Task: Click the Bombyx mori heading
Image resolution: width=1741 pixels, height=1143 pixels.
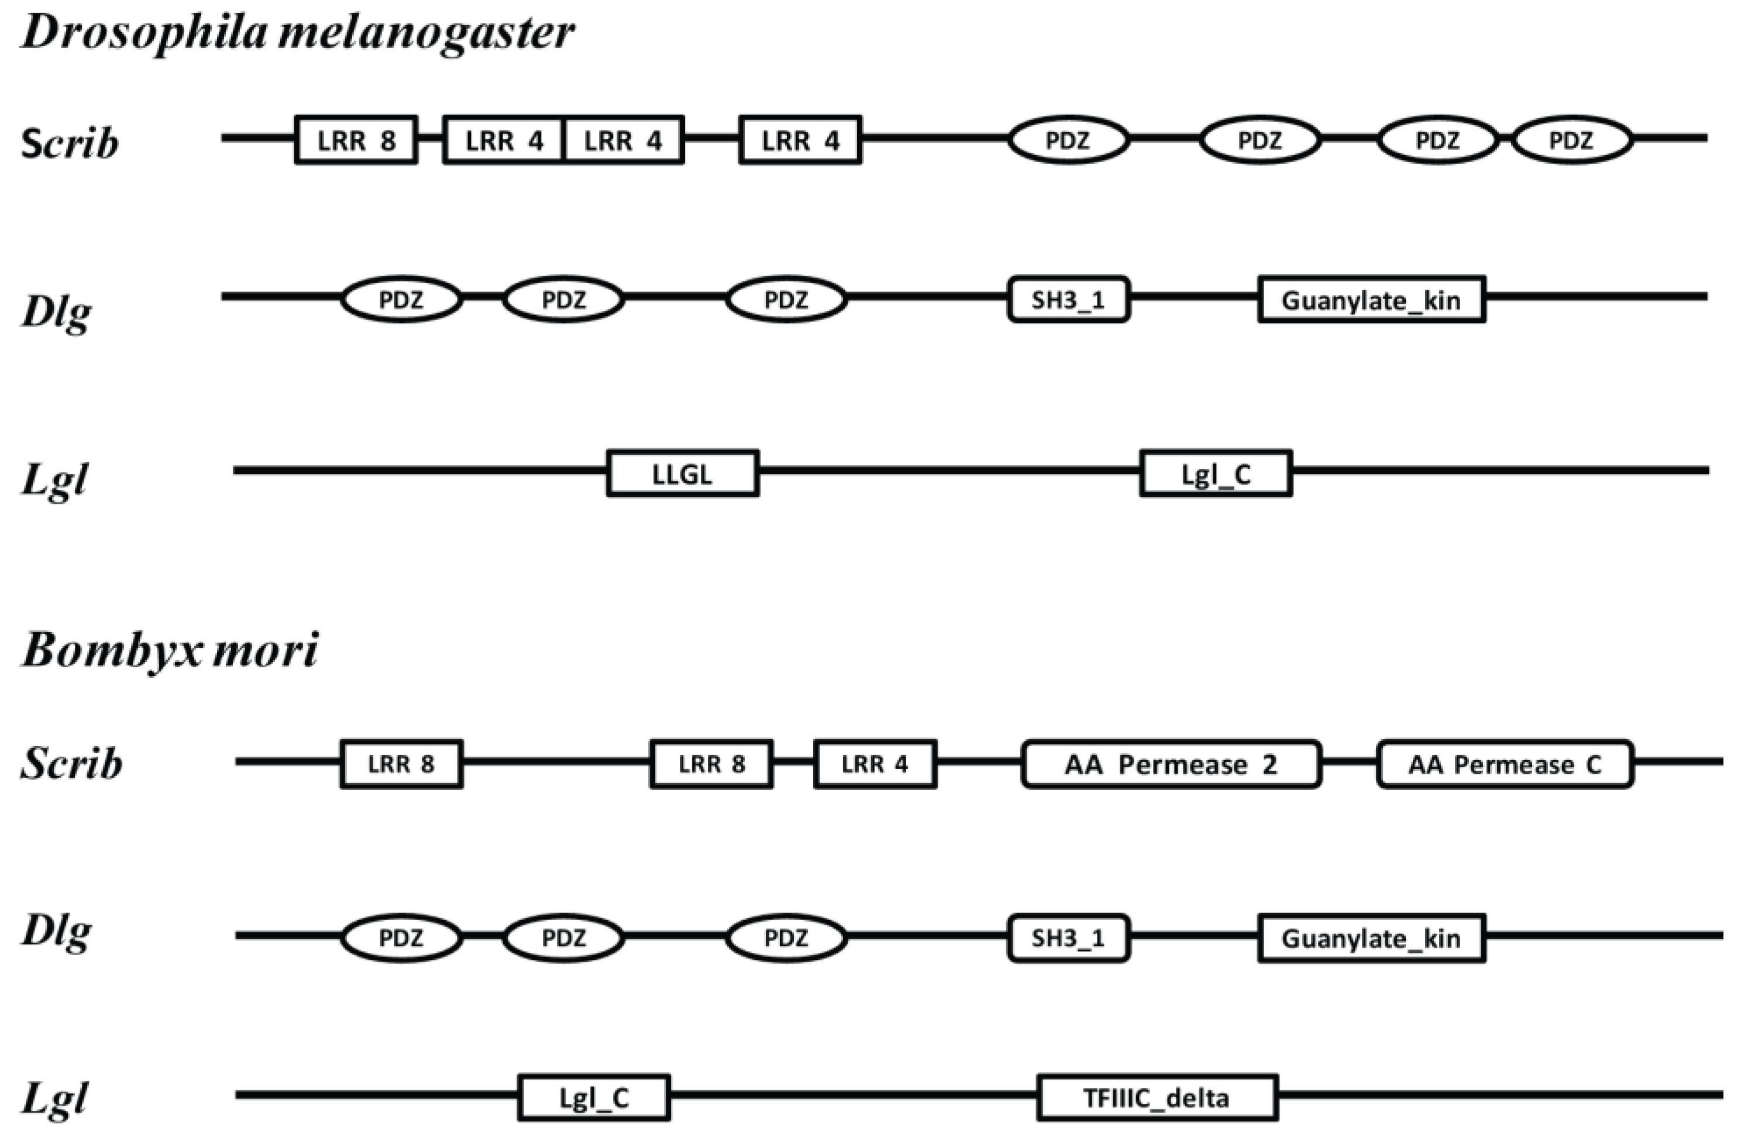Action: click(170, 650)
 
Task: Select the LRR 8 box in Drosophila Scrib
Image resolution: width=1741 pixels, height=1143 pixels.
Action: click(356, 140)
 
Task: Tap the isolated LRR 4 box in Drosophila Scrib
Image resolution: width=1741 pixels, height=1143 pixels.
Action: click(800, 140)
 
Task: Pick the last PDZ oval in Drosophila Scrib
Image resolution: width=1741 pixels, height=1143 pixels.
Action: click(1572, 140)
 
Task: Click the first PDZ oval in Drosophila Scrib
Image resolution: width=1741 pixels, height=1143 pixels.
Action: click(1068, 140)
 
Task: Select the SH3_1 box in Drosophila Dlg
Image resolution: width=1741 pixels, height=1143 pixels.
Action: click(1068, 299)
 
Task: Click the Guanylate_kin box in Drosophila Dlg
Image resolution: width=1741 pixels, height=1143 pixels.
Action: click(1371, 299)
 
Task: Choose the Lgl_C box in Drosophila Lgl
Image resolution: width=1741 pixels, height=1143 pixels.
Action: click(1216, 473)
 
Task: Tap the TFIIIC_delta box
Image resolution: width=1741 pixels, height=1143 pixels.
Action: click(1157, 1097)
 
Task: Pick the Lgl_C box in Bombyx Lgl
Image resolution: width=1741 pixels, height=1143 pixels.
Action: click(594, 1097)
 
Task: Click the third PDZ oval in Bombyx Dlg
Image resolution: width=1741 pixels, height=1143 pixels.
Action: click(786, 938)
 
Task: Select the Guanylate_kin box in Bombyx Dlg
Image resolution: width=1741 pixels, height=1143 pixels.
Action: click(1371, 938)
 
